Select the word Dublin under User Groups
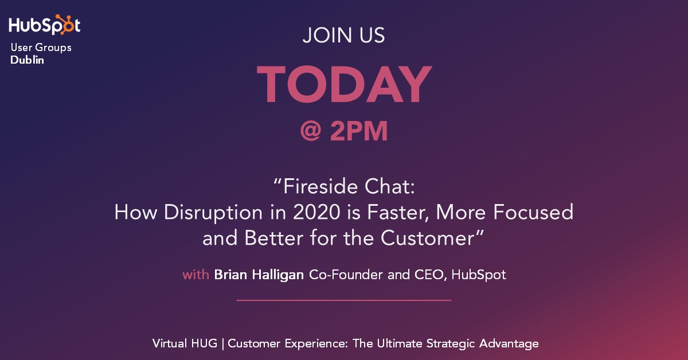tap(27, 60)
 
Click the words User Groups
tap(41, 48)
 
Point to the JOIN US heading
tap(343, 36)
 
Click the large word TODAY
tap(343, 85)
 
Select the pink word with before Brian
tap(196, 275)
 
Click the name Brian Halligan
tap(259, 275)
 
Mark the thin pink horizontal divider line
tap(343, 300)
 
